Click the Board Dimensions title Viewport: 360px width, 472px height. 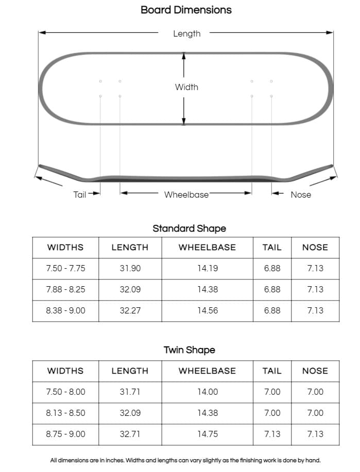click(x=186, y=10)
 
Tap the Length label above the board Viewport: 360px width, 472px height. click(x=186, y=34)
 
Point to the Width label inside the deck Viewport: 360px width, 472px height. click(x=186, y=87)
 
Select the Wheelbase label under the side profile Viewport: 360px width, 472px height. click(x=186, y=195)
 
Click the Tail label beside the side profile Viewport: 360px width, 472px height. click(x=80, y=195)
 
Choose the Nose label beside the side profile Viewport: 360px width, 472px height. click(x=301, y=195)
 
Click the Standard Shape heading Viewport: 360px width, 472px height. click(x=189, y=229)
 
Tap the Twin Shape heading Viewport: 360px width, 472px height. click(x=189, y=350)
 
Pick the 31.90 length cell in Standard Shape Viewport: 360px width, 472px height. click(x=130, y=268)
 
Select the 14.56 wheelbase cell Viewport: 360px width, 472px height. click(x=207, y=310)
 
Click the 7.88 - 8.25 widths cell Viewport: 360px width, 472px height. click(x=65, y=289)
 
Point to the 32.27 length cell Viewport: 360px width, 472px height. click(x=130, y=310)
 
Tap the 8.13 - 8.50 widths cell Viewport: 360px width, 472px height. click(x=65, y=413)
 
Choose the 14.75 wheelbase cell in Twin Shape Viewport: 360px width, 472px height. click(x=207, y=434)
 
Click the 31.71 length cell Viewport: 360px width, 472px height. click(x=130, y=392)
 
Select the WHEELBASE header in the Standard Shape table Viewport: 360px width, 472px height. click(x=207, y=247)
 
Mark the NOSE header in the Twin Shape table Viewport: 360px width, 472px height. click(x=315, y=371)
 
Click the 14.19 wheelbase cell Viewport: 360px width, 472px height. click(x=207, y=268)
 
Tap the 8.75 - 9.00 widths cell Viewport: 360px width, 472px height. click(x=65, y=434)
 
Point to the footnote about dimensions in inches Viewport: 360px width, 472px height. click(x=185, y=461)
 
